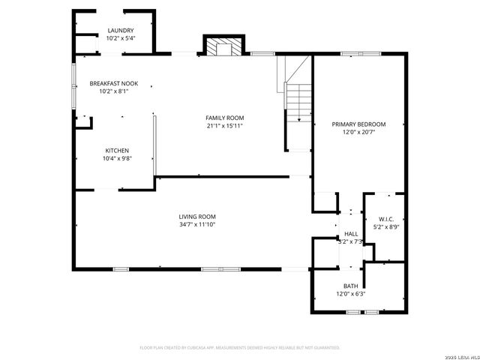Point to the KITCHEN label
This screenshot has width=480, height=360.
coord(117,150)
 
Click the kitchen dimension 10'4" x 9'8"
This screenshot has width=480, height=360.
coord(117,158)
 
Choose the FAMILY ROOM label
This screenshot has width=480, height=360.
coord(225,118)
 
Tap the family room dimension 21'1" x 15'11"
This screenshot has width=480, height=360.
coord(225,126)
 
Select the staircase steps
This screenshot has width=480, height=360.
coord(298,102)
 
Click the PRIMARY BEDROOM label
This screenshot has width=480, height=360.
coord(358,124)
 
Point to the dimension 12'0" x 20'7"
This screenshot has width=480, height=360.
coord(358,132)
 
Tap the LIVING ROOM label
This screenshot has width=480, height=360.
coord(197,217)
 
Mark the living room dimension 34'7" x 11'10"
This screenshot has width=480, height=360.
coord(197,224)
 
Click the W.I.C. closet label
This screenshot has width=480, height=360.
coord(386,219)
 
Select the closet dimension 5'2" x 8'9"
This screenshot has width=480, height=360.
coord(386,227)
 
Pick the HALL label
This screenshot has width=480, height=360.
coord(351,234)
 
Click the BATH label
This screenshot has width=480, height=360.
coord(350,286)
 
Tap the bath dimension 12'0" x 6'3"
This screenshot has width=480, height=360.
coord(350,294)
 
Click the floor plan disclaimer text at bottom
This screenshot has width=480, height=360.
coord(240,347)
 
